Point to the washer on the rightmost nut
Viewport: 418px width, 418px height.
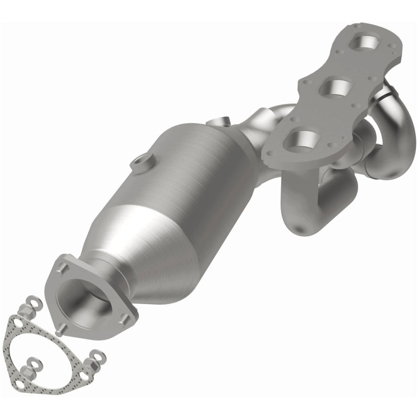coord(99,356)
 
